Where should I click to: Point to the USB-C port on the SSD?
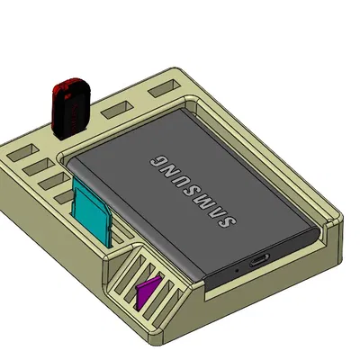tap(259, 261)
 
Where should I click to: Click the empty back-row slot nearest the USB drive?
tap(114, 111)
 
